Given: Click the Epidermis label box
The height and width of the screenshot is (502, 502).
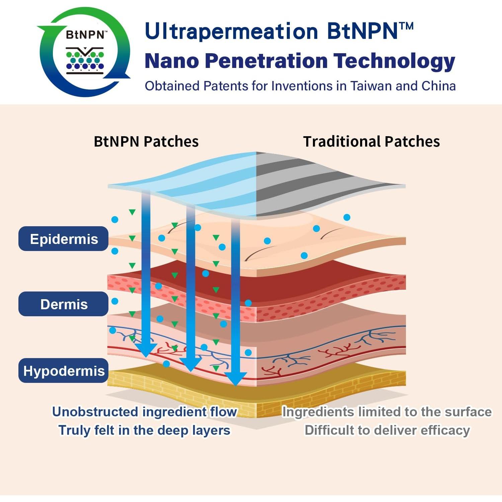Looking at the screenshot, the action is [x=63, y=239].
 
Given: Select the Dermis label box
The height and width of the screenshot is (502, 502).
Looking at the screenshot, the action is [x=63, y=304].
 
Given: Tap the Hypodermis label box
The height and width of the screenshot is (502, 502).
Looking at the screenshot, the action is [x=63, y=370].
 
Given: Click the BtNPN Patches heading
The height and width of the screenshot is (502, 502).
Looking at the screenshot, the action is [x=146, y=142].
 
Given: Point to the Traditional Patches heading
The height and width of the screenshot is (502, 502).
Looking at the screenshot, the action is [x=371, y=142].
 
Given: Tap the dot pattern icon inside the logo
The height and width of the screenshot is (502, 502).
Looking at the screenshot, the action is [x=85, y=61].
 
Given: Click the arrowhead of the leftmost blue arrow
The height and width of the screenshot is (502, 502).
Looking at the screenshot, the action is [x=146, y=350].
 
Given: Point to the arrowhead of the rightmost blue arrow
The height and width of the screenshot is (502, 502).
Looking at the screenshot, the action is [x=236, y=379].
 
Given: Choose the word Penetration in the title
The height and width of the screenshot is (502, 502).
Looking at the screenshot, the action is [x=266, y=61].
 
